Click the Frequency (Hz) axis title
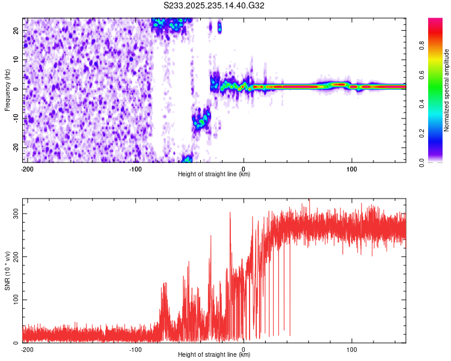tap(7, 89)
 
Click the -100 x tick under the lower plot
tap(135, 350)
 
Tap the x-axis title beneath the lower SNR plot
tap(215, 355)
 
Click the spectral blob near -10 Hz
tap(200, 120)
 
